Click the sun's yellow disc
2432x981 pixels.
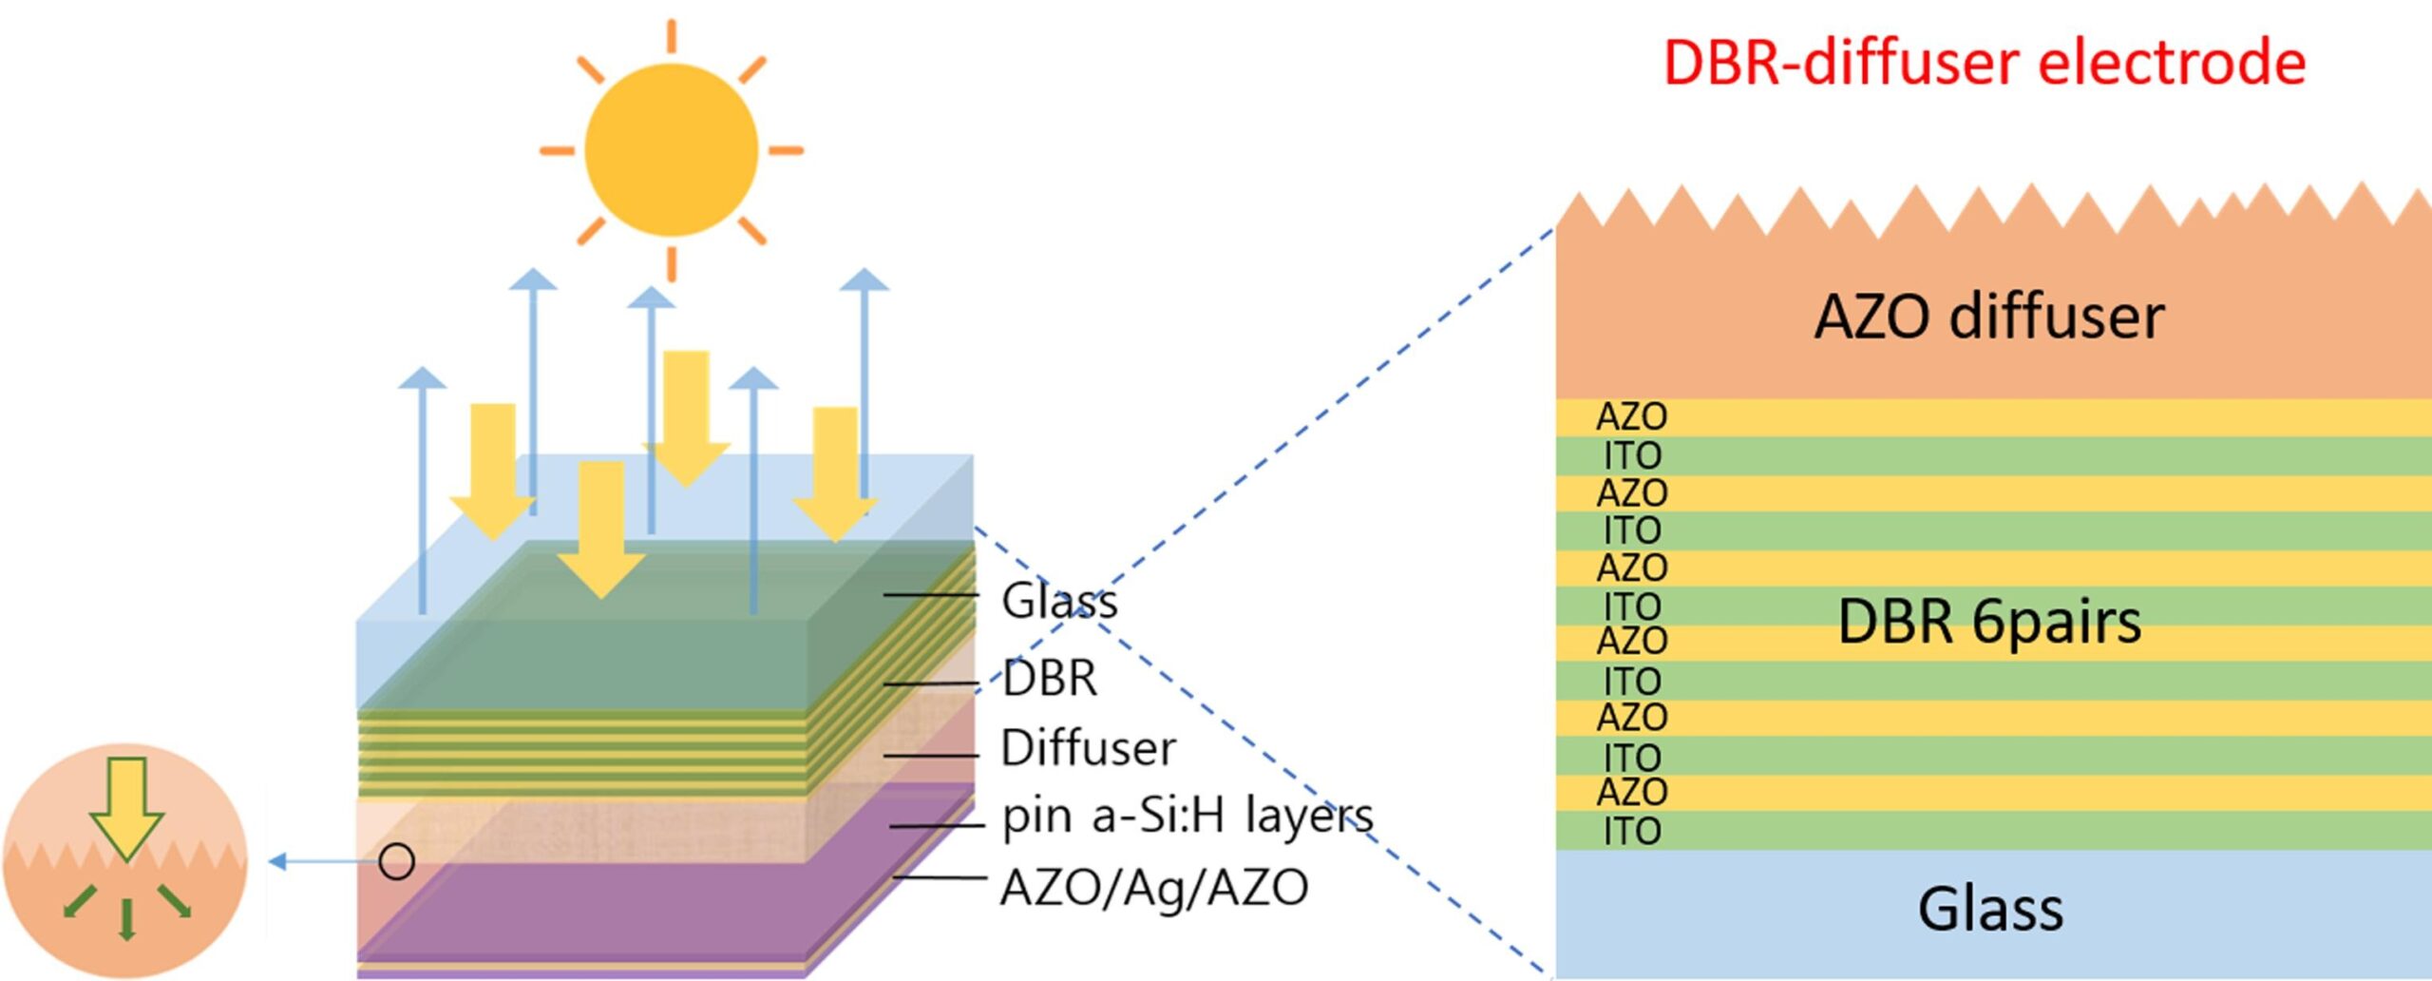pos(671,150)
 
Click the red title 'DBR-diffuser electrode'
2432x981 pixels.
pos(1984,63)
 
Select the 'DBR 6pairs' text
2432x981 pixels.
pos(1989,622)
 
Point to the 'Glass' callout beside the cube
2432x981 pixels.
pos(1059,601)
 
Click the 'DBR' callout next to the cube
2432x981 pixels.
pos(1050,679)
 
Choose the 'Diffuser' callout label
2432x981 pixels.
pos(1088,748)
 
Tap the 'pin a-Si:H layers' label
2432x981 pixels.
pos(1187,816)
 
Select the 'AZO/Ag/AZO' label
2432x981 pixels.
pos(1154,888)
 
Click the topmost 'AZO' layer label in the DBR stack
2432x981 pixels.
pos(1631,416)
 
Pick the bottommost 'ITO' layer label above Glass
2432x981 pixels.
pos(1631,832)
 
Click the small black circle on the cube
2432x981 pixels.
pos(396,862)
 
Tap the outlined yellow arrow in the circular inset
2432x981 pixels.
pos(125,808)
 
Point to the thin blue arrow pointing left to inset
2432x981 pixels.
pos(323,862)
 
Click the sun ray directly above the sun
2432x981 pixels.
pos(671,35)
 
